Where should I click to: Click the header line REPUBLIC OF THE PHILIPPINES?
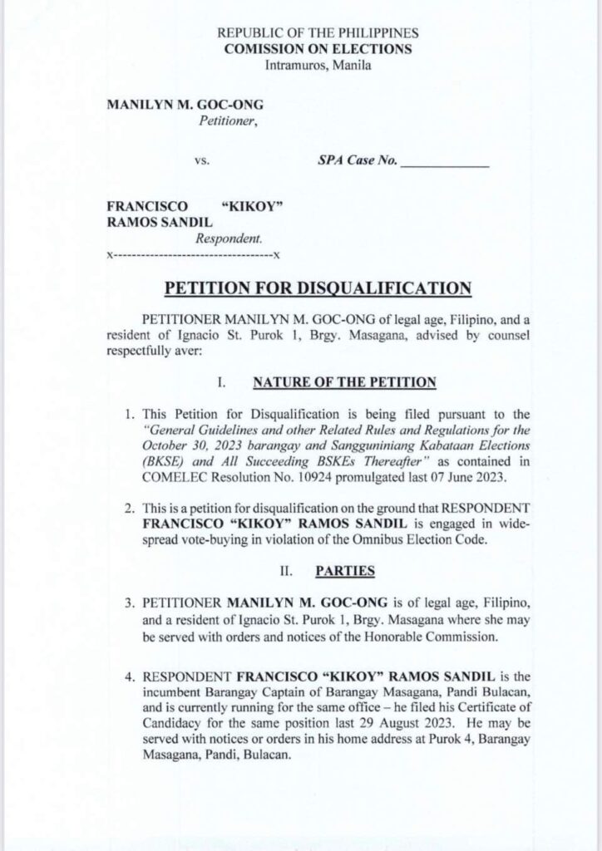coord(318,34)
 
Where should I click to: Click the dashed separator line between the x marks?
coord(193,253)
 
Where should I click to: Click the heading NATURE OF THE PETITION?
coord(344,382)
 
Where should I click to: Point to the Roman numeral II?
coord(284,573)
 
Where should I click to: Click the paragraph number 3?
coord(130,600)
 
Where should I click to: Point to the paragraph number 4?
coord(130,672)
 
